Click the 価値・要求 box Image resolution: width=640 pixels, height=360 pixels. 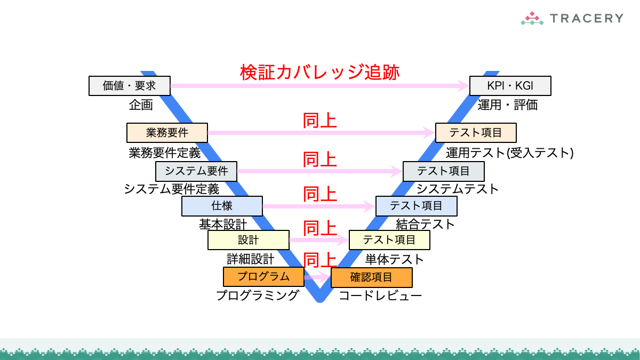pyautogui.click(x=129, y=85)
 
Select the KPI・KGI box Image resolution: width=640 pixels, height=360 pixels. pyautogui.click(x=510, y=85)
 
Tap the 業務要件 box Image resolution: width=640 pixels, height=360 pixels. pyautogui.click(x=167, y=132)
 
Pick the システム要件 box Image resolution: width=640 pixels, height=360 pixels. pyautogui.click(x=196, y=171)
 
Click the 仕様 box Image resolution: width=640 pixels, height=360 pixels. pyautogui.click(x=222, y=206)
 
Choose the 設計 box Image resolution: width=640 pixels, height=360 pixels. pyautogui.click(x=248, y=240)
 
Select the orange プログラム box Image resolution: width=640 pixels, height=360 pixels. pyautogui.click(x=263, y=276)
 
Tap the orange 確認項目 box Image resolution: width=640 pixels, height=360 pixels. pyautogui.click(x=371, y=277)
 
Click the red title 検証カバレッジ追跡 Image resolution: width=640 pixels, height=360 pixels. pyautogui.click(x=319, y=72)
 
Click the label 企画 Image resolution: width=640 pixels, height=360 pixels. pyautogui.click(x=141, y=105)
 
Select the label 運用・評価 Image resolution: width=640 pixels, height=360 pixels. pyautogui.click(x=507, y=105)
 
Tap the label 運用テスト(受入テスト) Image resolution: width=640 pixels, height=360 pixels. pyautogui.click(x=509, y=153)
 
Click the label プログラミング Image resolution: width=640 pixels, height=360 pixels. pyautogui.click(x=257, y=295)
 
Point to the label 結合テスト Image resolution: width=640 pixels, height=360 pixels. pyautogui.click(x=425, y=224)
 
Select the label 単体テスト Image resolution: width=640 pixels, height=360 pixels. pyautogui.click(x=394, y=260)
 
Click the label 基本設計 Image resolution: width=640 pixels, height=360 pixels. pyautogui.click(x=223, y=224)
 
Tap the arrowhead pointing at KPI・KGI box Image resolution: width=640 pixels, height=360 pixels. pyautogui.click(x=463, y=85)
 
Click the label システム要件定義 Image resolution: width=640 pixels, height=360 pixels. pyautogui.click(x=171, y=189)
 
